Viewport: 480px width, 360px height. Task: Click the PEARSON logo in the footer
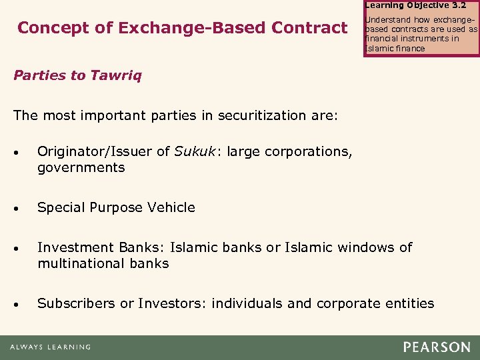click(436, 347)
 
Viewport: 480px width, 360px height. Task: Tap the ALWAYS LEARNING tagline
click(50, 347)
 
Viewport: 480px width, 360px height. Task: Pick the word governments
click(81, 167)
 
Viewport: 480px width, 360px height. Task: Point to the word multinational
click(79, 263)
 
